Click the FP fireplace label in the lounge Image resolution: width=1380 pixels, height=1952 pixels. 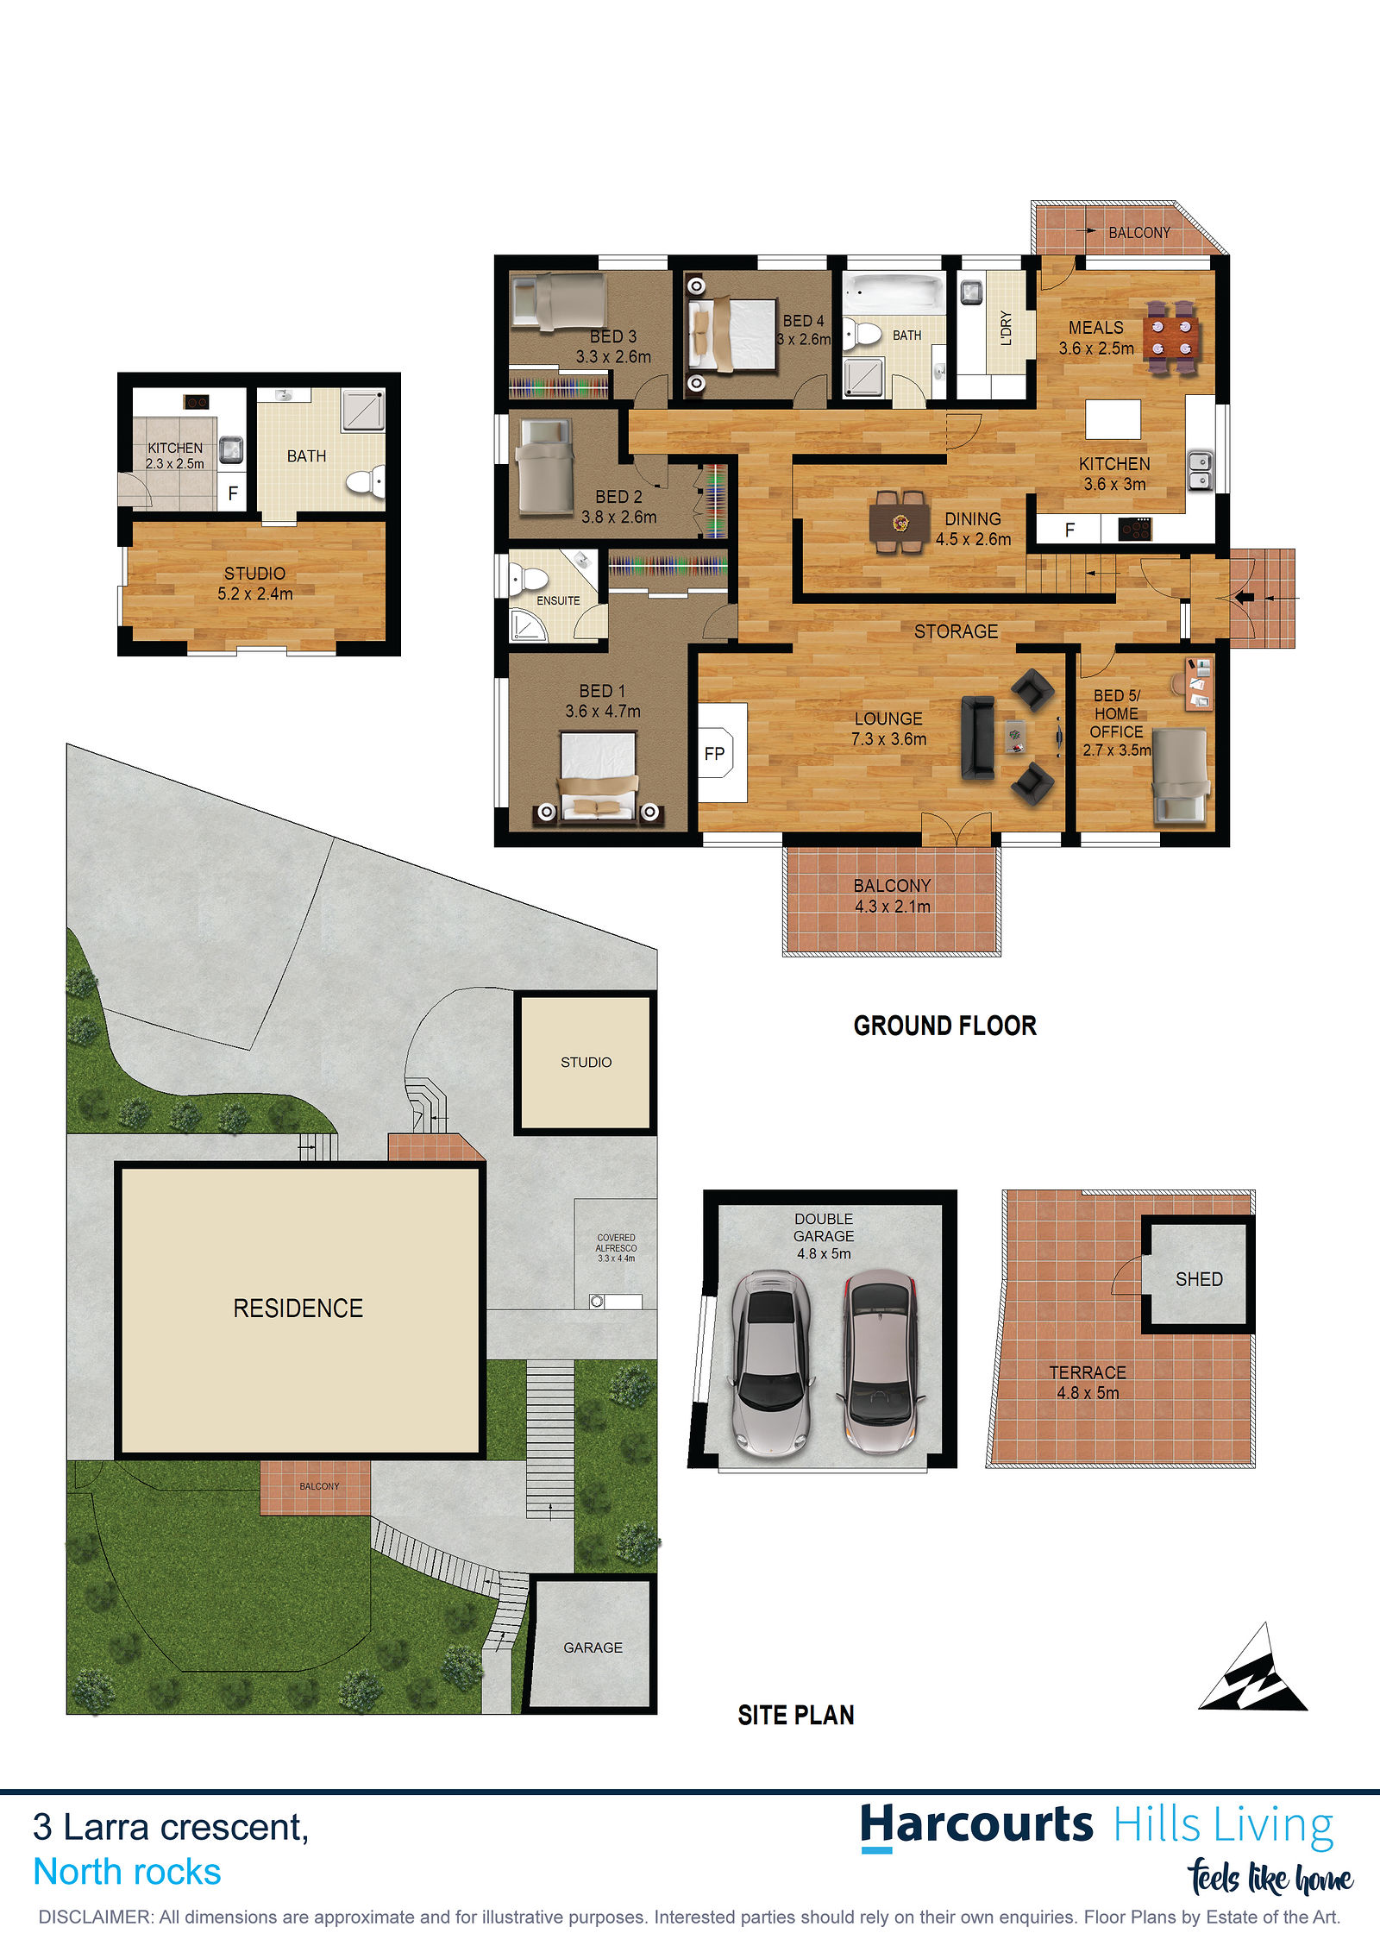[x=714, y=753]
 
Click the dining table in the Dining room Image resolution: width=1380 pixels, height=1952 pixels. [x=900, y=522]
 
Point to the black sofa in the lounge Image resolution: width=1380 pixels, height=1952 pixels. [x=978, y=737]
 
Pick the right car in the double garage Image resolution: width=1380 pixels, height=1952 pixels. [x=880, y=1363]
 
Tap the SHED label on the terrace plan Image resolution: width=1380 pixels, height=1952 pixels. [x=1199, y=1279]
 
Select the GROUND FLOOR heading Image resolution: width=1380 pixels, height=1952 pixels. [x=944, y=1026]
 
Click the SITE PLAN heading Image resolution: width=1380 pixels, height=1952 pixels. [x=795, y=1715]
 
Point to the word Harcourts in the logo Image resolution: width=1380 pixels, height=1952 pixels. [x=976, y=1825]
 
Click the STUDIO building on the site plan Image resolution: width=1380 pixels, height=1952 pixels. [x=586, y=1062]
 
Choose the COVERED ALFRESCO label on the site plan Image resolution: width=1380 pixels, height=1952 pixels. [x=616, y=1247]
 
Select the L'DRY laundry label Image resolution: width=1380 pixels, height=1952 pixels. [x=1006, y=328]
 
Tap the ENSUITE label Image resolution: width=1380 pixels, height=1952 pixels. [x=558, y=600]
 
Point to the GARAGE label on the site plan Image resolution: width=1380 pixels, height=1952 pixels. [x=593, y=1647]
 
